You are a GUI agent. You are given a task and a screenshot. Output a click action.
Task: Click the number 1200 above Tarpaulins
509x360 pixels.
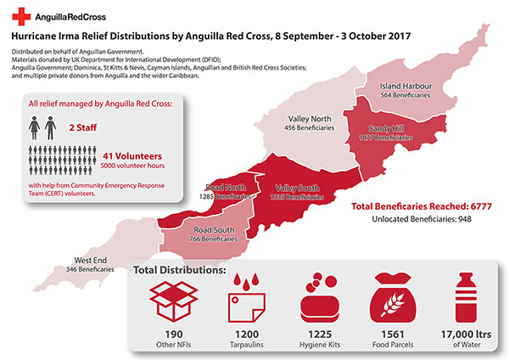[244, 335]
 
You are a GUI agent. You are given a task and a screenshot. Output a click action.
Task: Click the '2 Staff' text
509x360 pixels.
[82, 126]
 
